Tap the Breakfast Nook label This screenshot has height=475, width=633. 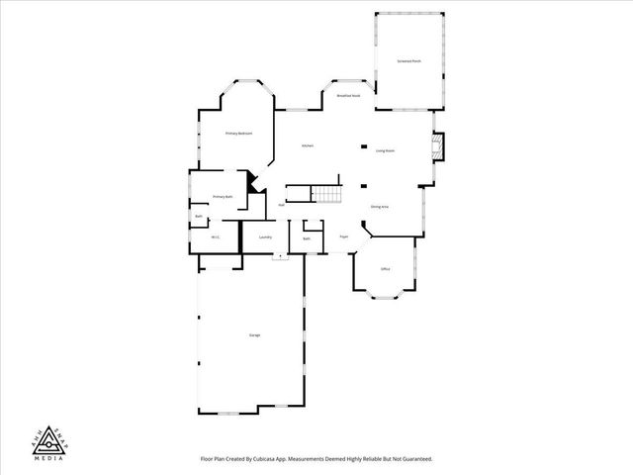pyautogui.click(x=347, y=96)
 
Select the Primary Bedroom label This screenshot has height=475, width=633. pyautogui.click(x=238, y=133)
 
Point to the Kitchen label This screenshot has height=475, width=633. pyautogui.click(x=308, y=146)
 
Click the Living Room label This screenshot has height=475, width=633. pyautogui.click(x=385, y=150)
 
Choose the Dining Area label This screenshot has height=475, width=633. pyautogui.click(x=379, y=206)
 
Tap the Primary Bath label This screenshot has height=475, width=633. pyautogui.click(x=223, y=197)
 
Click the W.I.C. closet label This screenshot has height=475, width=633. pyautogui.click(x=216, y=237)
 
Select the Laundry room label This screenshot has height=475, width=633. pyautogui.click(x=265, y=237)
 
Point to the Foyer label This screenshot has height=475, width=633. pyautogui.click(x=344, y=237)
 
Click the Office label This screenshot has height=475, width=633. pyautogui.click(x=385, y=268)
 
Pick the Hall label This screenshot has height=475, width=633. pyautogui.click(x=282, y=205)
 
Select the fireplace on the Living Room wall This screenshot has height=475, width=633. pyautogui.click(x=439, y=147)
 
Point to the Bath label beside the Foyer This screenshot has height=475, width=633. pyautogui.click(x=307, y=238)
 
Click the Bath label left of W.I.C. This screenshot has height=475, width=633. pyautogui.click(x=199, y=217)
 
